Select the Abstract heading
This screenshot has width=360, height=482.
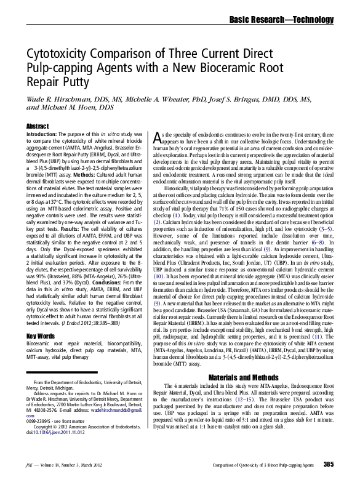pyautogui.click(x=38, y=126)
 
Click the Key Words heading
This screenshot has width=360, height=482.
pyautogui.click(x=41, y=335)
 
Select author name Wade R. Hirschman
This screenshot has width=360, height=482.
pyautogui.click(x=64, y=98)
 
